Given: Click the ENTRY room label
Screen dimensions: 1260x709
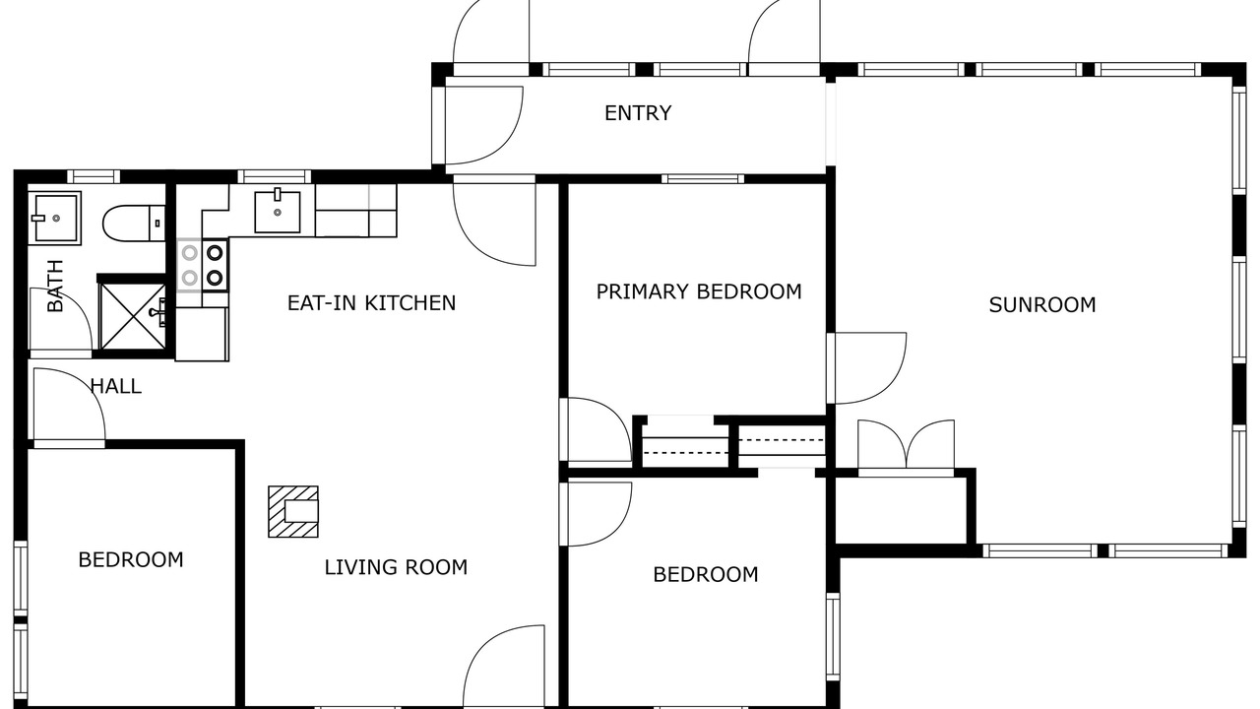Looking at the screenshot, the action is coord(638,113).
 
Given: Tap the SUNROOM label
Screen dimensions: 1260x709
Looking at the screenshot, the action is coord(1042,305).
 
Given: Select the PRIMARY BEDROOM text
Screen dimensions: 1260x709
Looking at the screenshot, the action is coord(699,291).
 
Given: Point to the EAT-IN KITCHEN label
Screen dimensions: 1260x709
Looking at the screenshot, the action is coord(371,302).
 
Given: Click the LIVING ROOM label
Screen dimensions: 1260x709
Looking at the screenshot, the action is coord(396,566).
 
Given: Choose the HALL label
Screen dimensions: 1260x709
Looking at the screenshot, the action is coord(116,386).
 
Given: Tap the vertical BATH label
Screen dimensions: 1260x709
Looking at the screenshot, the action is coord(55,286).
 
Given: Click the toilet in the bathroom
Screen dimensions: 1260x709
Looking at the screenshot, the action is coord(134,224).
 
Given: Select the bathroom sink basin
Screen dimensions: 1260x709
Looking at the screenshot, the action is coord(54,219).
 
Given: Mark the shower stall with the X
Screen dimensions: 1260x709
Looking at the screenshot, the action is coord(133,316).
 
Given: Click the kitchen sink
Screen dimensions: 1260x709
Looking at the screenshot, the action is coord(278,212).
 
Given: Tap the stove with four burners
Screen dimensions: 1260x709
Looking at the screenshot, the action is coord(203,265).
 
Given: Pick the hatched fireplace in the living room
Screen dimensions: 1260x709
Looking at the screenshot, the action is coord(293,511).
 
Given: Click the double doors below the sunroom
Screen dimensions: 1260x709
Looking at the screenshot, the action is coord(906,448).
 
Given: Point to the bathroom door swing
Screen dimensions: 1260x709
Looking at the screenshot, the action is coord(60,322).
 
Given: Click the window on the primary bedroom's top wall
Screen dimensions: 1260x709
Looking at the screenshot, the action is coord(703,179).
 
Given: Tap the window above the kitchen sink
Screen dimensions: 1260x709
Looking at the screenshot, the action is coord(274,176).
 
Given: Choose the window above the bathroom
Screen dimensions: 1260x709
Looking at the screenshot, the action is coord(94,176).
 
